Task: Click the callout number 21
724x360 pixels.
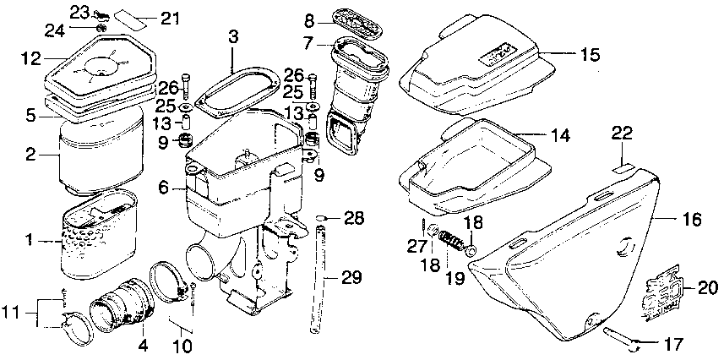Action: tap(170, 19)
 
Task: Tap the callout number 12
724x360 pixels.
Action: tap(30, 58)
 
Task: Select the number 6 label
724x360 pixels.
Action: tap(162, 188)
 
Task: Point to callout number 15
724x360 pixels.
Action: tap(589, 55)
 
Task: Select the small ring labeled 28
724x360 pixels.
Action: tap(321, 220)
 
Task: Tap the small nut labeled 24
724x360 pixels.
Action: tap(102, 30)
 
